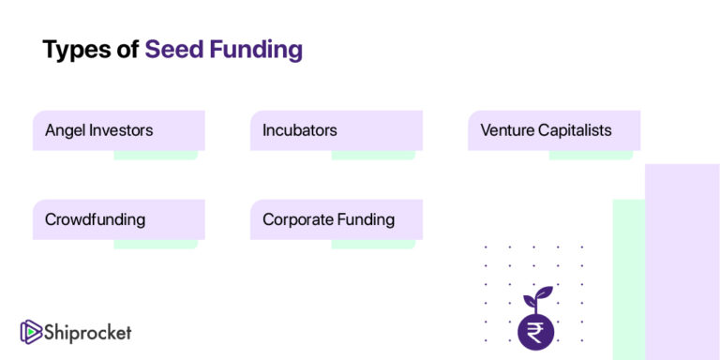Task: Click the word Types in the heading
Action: [75, 49]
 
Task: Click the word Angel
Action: [65, 130]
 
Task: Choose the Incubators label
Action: [300, 130]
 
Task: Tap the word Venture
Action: [507, 130]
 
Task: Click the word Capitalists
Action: [575, 130]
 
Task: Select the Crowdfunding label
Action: [95, 220]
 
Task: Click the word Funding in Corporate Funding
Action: [367, 220]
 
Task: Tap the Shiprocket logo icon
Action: [30, 331]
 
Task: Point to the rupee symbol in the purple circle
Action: [535, 331]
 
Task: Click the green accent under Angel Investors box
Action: [155, 155]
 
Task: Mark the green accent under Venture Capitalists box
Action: [591, 155]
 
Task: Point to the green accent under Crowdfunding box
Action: [155, 244]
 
